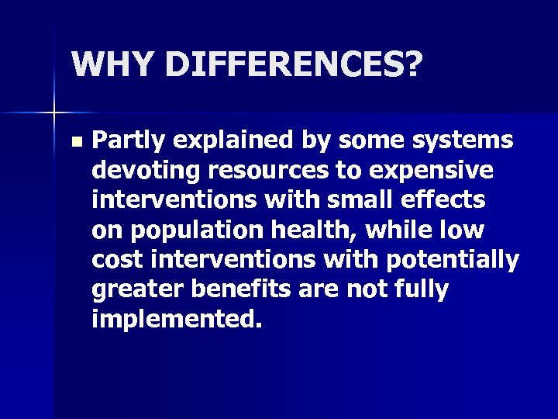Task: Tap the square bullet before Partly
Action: pyautogui.click(x=74, y=143)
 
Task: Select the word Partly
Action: pyautogui.click(x=129, y=140)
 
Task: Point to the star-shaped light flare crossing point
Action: pyautogui.click(x=53, y=113)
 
